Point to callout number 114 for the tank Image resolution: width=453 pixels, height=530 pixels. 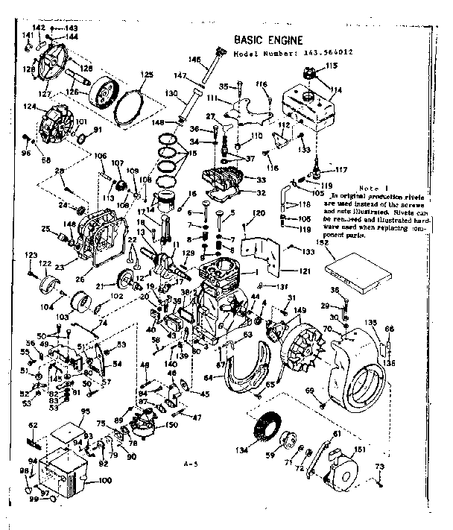click(x=337, y=90)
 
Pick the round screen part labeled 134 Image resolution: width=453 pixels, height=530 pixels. click(x=267, y=433)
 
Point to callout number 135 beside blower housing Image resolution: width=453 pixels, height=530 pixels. click(x=371, y=323)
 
